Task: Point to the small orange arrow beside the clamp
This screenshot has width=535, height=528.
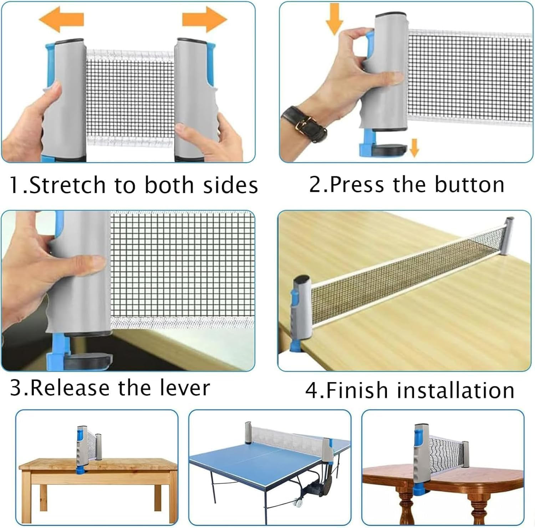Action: coord(414,147)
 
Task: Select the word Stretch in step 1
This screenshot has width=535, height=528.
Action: coord(67,185)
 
